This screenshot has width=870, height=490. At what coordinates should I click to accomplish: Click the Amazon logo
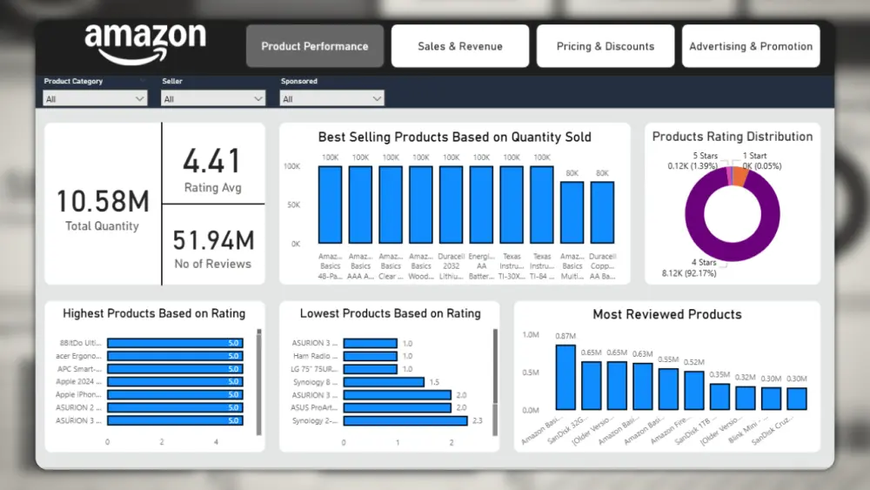pyautogui.click(x=144, y=44)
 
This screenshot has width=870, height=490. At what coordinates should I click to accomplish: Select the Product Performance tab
pyautogui.click(x=314, y=46)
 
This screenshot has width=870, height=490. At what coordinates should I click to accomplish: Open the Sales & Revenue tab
pyautogui.click(x=459, y=46)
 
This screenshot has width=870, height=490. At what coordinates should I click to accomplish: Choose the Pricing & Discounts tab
pyautogui.click(x=605, y=46)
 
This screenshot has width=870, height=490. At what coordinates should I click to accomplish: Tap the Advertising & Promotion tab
pyautogui.click(x=751, y=46)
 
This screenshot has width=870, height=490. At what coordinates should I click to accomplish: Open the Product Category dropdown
pyautogui.click(x=95, y=99)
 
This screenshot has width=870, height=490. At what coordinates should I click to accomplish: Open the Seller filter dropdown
pyautogui.click(x=213, y=99)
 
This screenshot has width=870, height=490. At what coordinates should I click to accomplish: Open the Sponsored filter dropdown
pyautogui.click(x=331, y=99)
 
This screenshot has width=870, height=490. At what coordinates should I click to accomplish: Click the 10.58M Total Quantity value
pyautogui.click(x=103, y=201)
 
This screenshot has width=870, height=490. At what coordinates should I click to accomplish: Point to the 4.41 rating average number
pyautogui.click(x=212, y=161)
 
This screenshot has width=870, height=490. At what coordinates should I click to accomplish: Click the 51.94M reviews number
pyautogui.click(x=212, y=239)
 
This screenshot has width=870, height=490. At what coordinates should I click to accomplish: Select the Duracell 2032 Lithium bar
pyautogui.click(x=451, y=205)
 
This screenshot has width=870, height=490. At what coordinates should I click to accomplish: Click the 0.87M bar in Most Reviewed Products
pyautogui.click(x=565, y=377)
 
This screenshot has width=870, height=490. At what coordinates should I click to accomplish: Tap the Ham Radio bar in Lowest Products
pyautogui.click(x=370, y=356)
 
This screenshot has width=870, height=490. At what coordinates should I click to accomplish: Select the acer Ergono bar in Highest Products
pyautogui.click(x=174, y=356)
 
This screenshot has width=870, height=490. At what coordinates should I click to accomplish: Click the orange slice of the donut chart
pyautogui.click(x=740, y=176)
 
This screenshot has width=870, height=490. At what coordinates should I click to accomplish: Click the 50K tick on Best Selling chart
pyautogui.click(x=292, y=205)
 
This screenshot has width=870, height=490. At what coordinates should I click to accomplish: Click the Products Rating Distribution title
pyautogui.click(x=732, y=137)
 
